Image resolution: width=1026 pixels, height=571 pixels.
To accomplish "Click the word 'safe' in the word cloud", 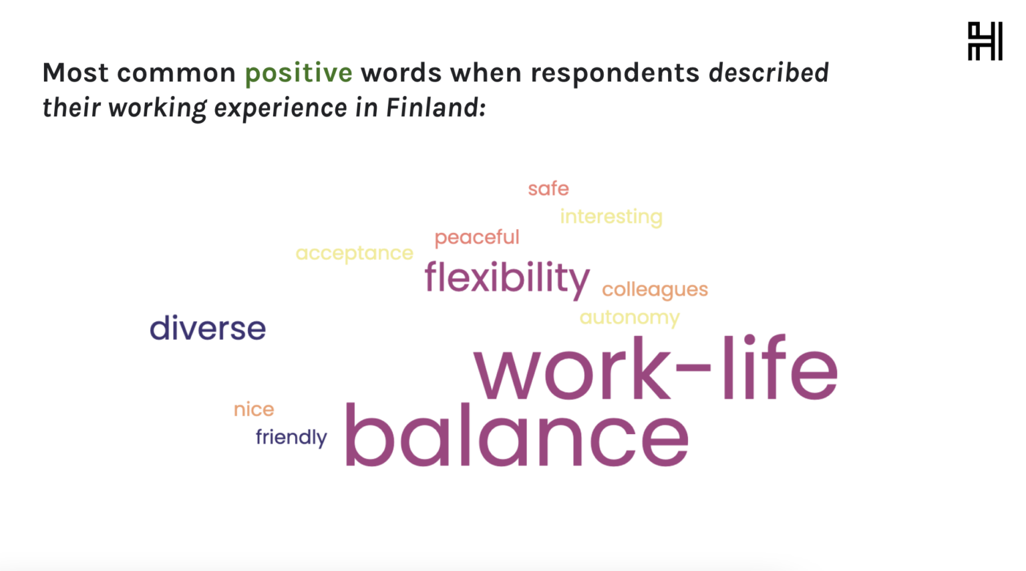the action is click(548, 188).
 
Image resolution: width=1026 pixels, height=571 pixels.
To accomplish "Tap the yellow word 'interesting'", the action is click(611, 216).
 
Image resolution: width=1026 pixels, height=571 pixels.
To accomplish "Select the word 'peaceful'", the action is click(477, 238).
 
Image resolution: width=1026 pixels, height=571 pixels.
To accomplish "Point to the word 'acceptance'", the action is click(354, 253).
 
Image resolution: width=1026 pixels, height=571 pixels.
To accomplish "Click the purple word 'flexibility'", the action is click(507, 278).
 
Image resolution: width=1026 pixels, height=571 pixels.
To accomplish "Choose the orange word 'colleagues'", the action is click(655, 290).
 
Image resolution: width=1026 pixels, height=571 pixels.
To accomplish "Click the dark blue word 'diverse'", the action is click(208, 328).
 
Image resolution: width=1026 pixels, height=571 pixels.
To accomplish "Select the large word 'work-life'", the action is click(656, 368).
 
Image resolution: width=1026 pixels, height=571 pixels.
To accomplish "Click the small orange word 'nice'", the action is click(254, 409).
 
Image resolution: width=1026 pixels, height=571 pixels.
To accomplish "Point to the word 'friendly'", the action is click(291, 437).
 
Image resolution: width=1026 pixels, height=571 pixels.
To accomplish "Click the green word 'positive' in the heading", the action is click(299, 73).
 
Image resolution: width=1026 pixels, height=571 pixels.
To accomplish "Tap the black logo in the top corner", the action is click(985, 41).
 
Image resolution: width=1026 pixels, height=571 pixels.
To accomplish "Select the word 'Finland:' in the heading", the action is click(436, 108).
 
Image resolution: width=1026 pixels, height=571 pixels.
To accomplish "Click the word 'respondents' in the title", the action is click(615, 73).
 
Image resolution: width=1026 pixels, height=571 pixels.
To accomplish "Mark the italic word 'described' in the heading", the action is click(769, 72).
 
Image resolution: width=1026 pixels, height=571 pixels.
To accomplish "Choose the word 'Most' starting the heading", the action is click(75, 72).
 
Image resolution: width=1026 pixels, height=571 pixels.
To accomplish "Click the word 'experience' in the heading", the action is click(281, 109).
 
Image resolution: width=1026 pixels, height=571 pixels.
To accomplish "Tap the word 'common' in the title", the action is click(176, 73).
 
